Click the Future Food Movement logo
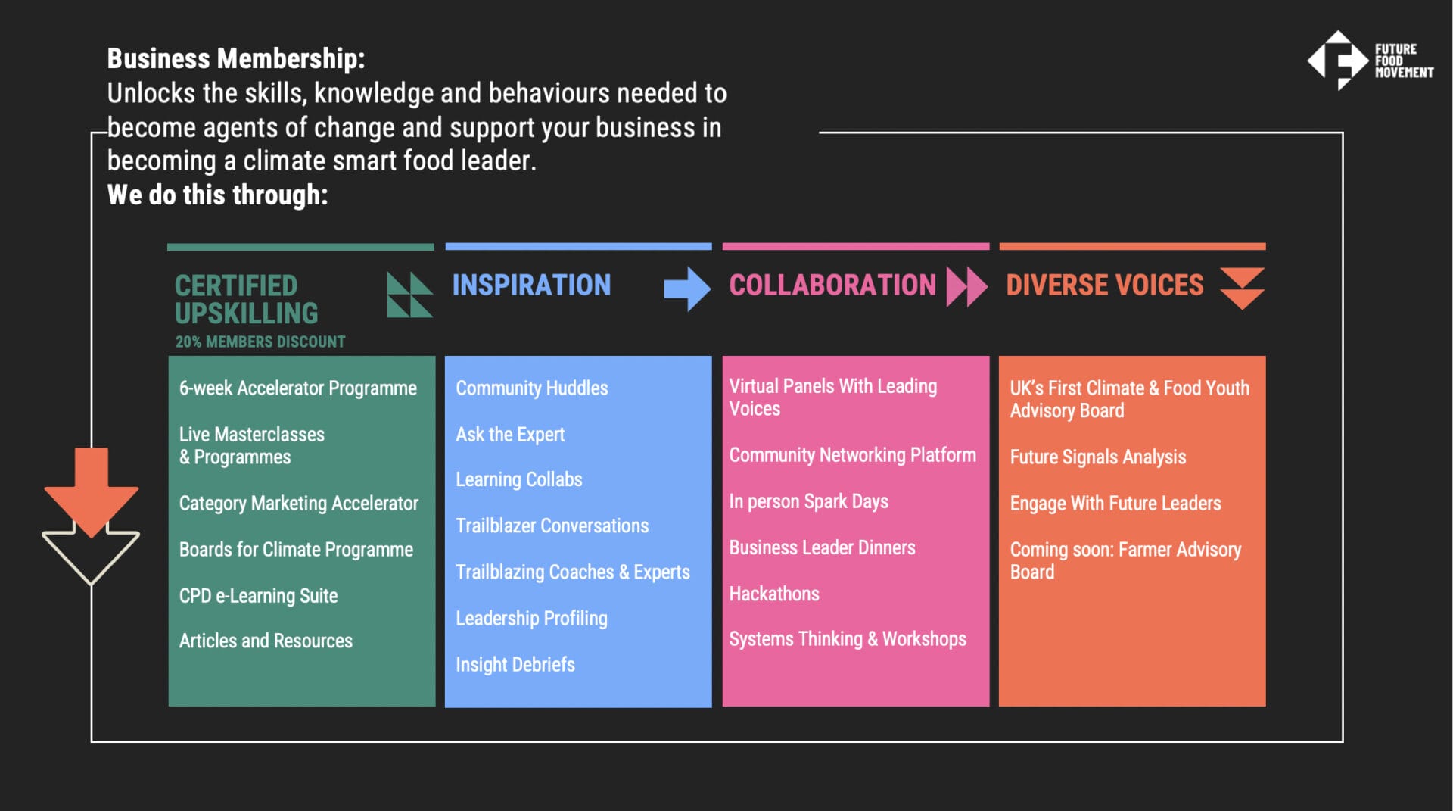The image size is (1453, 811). (1370, 61)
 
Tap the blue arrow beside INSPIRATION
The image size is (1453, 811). (687, 289)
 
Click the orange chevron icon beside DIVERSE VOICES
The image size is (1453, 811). (1242, 288)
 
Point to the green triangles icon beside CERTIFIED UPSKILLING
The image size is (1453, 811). (409, 295)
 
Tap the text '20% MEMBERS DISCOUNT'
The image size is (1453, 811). (260, 342)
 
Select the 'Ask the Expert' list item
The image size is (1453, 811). (510, 435)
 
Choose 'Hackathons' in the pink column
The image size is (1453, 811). (774, 594)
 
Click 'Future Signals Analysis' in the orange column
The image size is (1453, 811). (1098, 457)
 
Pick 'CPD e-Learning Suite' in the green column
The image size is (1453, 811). (258, 596)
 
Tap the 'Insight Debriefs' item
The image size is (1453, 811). (515, 665)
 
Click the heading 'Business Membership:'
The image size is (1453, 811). (236, 58)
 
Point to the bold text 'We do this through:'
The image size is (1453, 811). (217, 195)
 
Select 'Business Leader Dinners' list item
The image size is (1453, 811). (822, 547)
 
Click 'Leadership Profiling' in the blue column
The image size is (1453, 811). (531, 619)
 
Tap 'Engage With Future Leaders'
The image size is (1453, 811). (1115, 504)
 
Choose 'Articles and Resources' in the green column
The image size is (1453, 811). (266, 641)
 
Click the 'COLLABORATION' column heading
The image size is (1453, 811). (832, 285)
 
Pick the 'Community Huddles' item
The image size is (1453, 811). (532, 388)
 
